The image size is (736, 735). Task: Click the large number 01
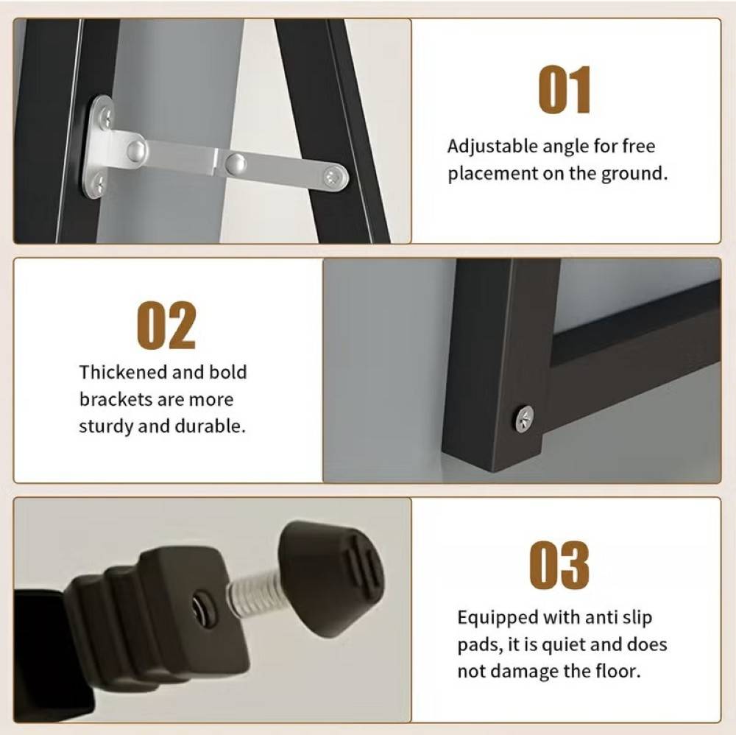[x=565, y=90]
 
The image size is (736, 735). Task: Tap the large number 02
[x=166, y=325]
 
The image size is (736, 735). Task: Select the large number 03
[x=559, y=565]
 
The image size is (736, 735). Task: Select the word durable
[x=210, y=426]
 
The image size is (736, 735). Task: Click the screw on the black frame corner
[x=524, y=418]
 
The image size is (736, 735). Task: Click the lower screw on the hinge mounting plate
[x=99, y=183]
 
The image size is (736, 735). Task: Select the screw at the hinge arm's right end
[x=333, y=177]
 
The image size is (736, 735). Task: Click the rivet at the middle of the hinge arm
[x=236, y=163]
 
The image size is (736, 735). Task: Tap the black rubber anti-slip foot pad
[x=331, y=577]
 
